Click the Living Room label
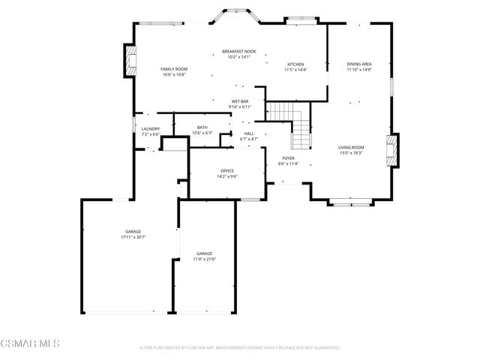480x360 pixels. tap(350, 149)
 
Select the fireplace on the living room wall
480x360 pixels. tap(391, 153)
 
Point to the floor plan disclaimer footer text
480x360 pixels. tap(240, 348)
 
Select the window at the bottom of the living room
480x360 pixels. tap(350, 202)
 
